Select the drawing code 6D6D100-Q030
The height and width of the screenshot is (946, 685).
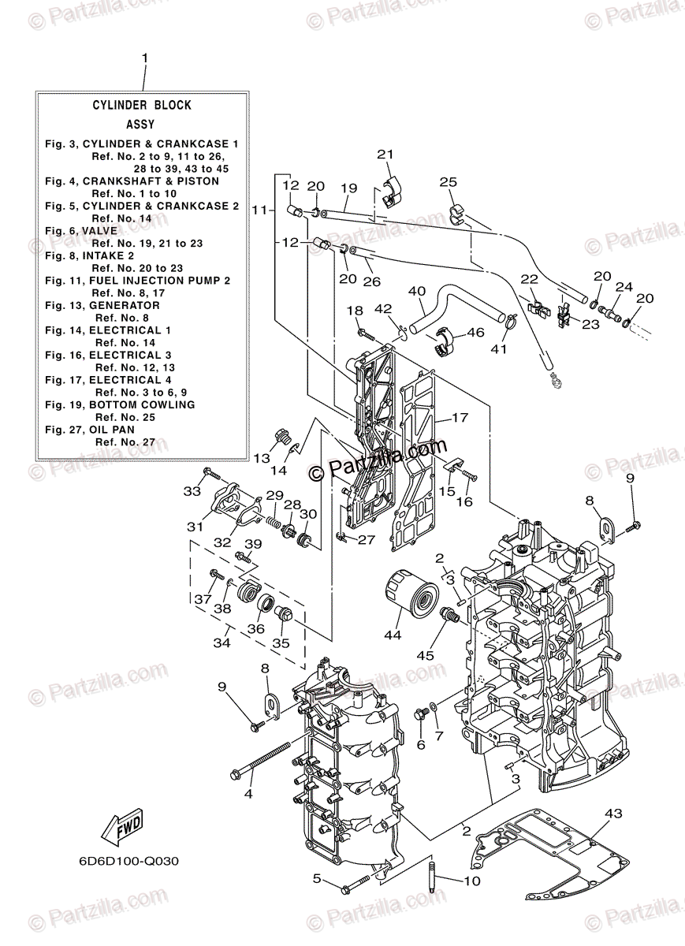[128, 861]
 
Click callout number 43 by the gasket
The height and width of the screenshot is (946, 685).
[613, 813]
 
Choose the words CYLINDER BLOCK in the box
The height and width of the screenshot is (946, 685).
[142, 105]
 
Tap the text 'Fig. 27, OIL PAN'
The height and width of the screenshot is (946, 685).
[90, 430]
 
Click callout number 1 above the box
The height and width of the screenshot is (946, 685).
[144, 59]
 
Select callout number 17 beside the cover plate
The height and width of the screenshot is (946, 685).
[460, 419]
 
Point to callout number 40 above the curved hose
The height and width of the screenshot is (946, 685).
[417, 291]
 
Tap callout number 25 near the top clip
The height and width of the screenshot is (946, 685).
[448, 183]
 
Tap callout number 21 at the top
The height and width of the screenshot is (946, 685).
[384, 155]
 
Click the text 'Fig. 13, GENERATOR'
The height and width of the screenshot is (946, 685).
[102, 305]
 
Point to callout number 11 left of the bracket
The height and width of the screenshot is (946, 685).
[259, 210]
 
